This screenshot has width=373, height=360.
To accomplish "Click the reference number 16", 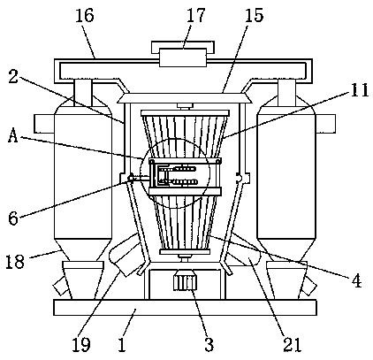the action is pos(85,15).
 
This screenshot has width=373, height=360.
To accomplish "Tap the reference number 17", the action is pos(195,15).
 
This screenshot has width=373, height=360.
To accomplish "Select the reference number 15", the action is pos(254,15).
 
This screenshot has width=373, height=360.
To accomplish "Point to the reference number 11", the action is pos(360,90).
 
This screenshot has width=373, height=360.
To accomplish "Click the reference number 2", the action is pos(13,76).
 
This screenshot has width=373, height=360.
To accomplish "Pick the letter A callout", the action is pos(13,136).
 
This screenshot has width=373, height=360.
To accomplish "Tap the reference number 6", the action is pos(13,218).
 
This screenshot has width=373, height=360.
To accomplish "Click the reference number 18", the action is pos(15,261).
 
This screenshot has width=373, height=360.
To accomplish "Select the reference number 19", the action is pos(81,344).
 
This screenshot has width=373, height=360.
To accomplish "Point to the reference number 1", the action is pos(122,344).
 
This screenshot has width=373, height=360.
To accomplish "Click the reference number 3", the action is pos(209,344).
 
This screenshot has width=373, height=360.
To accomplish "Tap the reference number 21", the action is pos(293,344).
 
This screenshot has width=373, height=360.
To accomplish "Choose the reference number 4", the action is pos(357,280).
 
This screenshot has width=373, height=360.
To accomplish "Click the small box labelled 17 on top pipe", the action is pos(183,57).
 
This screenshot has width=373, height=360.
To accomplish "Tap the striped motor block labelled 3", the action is pos(186,283).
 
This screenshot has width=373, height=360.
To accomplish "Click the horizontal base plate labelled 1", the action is pos(185,308).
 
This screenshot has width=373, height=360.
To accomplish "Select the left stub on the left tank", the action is pos(44,124).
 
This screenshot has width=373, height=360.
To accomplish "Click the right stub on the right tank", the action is pos(325,124).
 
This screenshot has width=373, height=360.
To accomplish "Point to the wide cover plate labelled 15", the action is pos(185,98).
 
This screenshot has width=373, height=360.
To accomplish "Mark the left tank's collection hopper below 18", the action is pos(83,280).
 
